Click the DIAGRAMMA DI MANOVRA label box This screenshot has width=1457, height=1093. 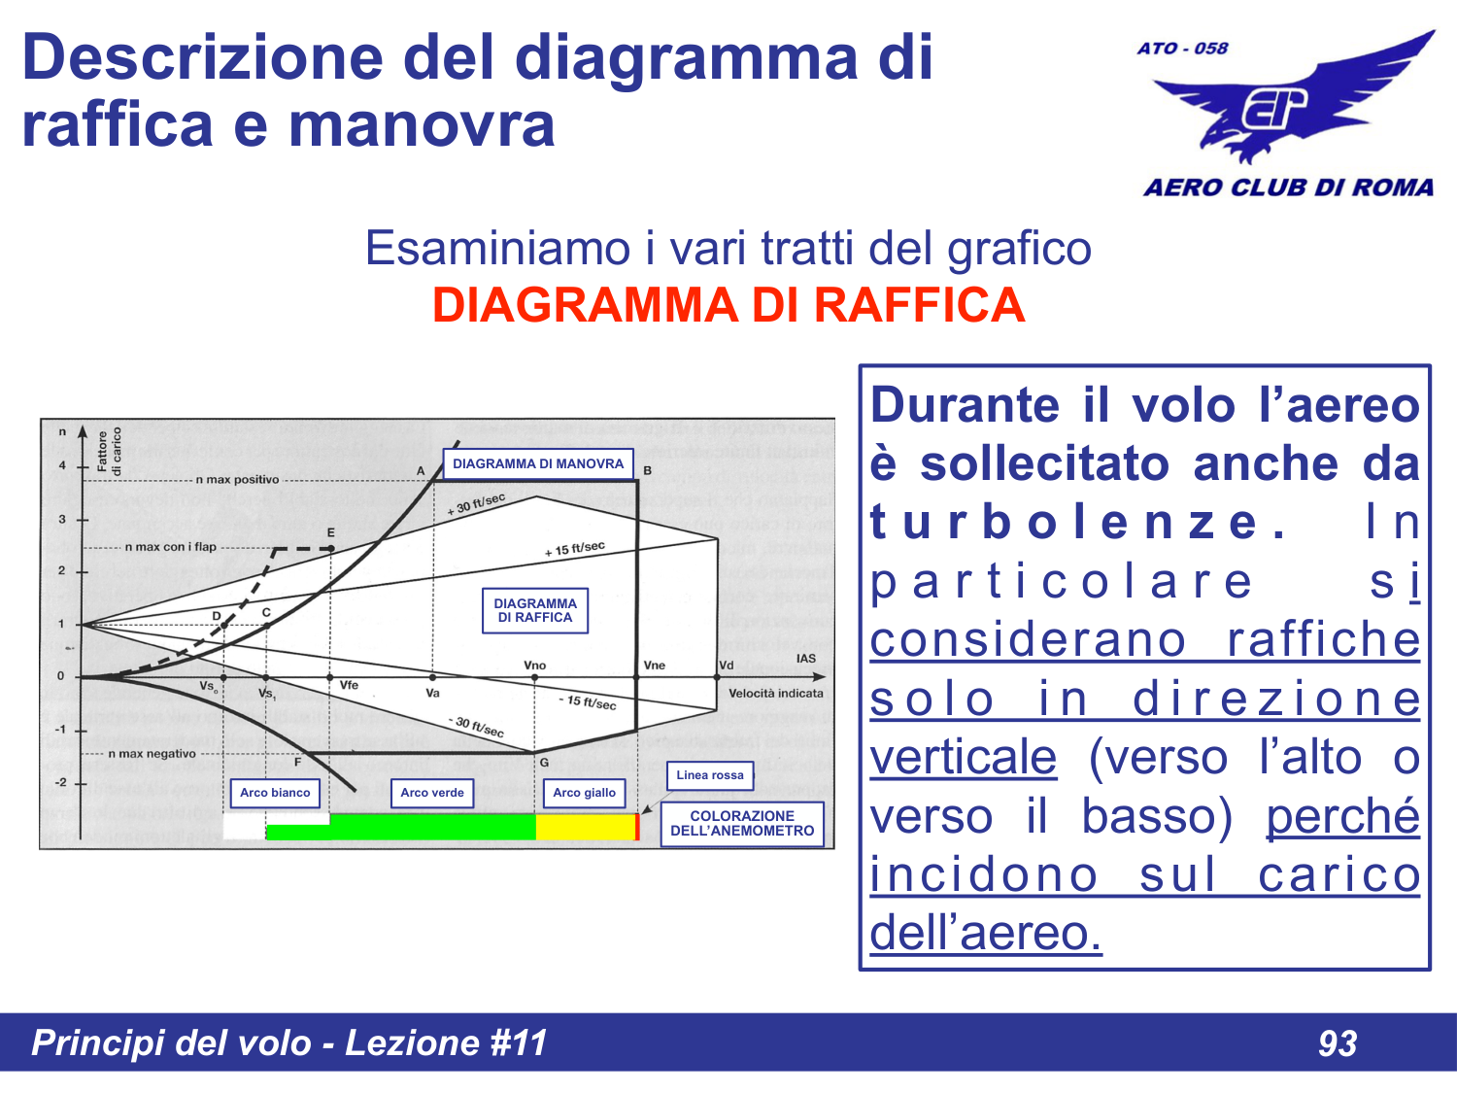538,463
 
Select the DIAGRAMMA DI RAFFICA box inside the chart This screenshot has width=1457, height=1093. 535,610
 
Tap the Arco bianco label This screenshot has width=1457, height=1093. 275,793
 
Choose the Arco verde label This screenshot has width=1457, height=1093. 432,793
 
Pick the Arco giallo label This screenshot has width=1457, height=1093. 584,793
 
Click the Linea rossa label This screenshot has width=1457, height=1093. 710,775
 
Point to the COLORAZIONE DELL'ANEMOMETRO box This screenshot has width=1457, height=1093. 742,824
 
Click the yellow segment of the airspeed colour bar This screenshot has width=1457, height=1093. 585,827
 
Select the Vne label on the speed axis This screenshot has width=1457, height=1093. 655,666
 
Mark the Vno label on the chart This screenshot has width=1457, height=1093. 535,666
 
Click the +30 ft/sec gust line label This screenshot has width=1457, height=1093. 476,504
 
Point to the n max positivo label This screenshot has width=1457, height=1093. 237,480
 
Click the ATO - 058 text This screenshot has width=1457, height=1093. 1182,49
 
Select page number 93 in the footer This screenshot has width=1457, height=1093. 1338,1043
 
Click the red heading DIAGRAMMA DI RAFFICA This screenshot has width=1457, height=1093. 728,305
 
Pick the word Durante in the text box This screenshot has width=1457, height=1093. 965,405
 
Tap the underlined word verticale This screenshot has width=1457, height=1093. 963,758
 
